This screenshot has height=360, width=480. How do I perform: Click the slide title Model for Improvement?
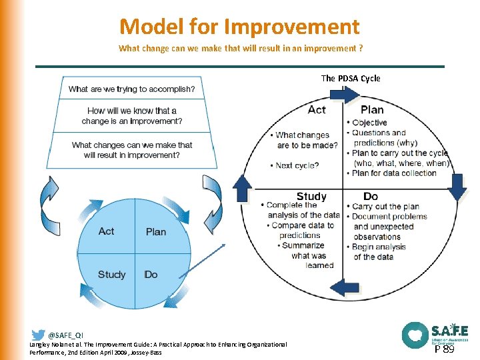[239, 27]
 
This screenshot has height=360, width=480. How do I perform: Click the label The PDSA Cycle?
[351, 78]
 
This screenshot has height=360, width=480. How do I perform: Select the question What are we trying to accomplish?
[131, 89]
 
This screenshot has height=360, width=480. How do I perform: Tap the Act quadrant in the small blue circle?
[106, 231]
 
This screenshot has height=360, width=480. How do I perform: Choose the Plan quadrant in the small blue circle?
[156, 232]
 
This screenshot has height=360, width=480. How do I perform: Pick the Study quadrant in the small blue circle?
[111, 275]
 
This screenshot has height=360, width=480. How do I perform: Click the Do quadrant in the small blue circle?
[151, 275]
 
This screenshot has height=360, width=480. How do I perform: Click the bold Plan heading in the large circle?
[372, 110]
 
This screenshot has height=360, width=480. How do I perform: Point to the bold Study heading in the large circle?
[311, 196]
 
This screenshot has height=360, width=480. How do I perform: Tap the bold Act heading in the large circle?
[317, 110]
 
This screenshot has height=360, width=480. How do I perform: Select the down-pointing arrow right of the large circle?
[457, 187]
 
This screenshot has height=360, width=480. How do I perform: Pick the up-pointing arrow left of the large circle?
[241, 189]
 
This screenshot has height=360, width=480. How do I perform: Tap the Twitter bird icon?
[38, 335]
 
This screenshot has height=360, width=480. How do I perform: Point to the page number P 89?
[445, 349]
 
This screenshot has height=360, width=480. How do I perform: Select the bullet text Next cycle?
[297, 165]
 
